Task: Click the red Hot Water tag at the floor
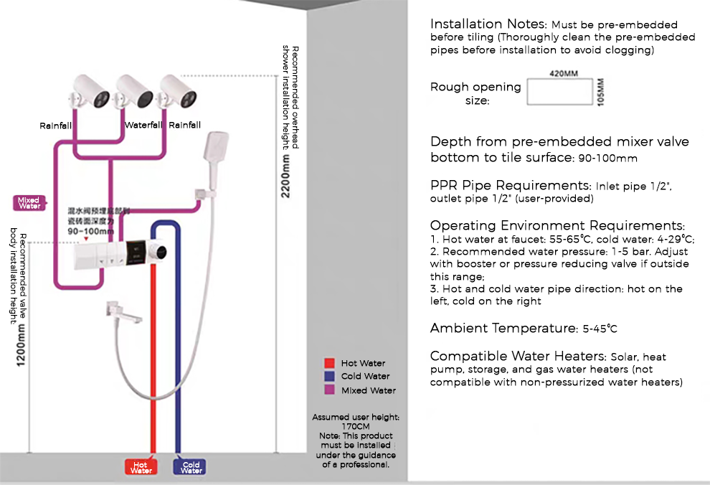pos(141,468)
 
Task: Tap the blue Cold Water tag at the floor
pos(191,468)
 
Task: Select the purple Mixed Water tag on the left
pos(29,203)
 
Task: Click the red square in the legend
pos(329,364)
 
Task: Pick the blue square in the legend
pos(329,377)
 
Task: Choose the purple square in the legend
pos(329,390)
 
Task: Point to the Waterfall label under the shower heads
pos(144,126)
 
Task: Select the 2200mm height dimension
pos(286,179)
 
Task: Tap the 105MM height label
pos(601,92)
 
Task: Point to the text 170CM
pos(356,426)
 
